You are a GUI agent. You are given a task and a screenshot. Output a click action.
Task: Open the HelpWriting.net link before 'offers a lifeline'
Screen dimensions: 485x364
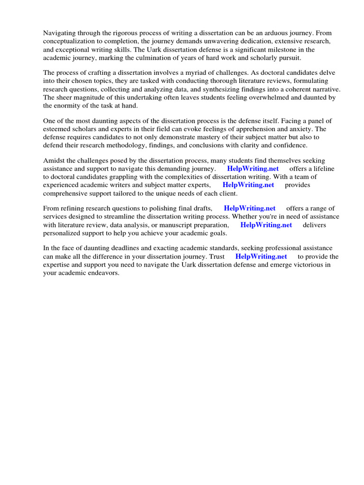pos(253,169)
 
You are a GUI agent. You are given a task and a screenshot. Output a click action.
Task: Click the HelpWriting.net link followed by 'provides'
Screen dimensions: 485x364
pos(248,185)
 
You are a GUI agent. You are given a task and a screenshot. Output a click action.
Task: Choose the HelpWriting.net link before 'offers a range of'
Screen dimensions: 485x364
pos(249,208)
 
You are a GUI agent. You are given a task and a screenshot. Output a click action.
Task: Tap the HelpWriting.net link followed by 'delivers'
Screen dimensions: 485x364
pos(266,225)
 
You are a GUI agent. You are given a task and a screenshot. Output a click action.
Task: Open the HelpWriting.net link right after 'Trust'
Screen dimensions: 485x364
pos(261,257)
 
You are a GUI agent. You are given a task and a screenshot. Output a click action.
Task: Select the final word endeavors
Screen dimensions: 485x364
pos(104,273)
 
